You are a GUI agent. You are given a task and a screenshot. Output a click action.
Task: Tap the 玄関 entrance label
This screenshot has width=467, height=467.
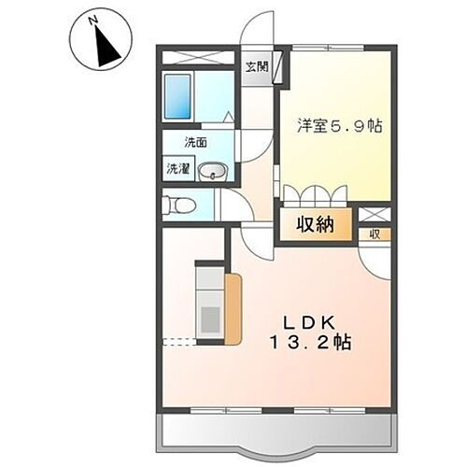257,66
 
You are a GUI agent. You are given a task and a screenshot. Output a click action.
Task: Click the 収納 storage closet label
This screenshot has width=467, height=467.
317,224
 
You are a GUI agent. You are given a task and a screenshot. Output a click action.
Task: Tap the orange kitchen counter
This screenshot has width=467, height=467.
233,304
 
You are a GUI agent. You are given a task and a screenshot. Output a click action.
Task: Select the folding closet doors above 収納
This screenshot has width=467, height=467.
316,196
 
